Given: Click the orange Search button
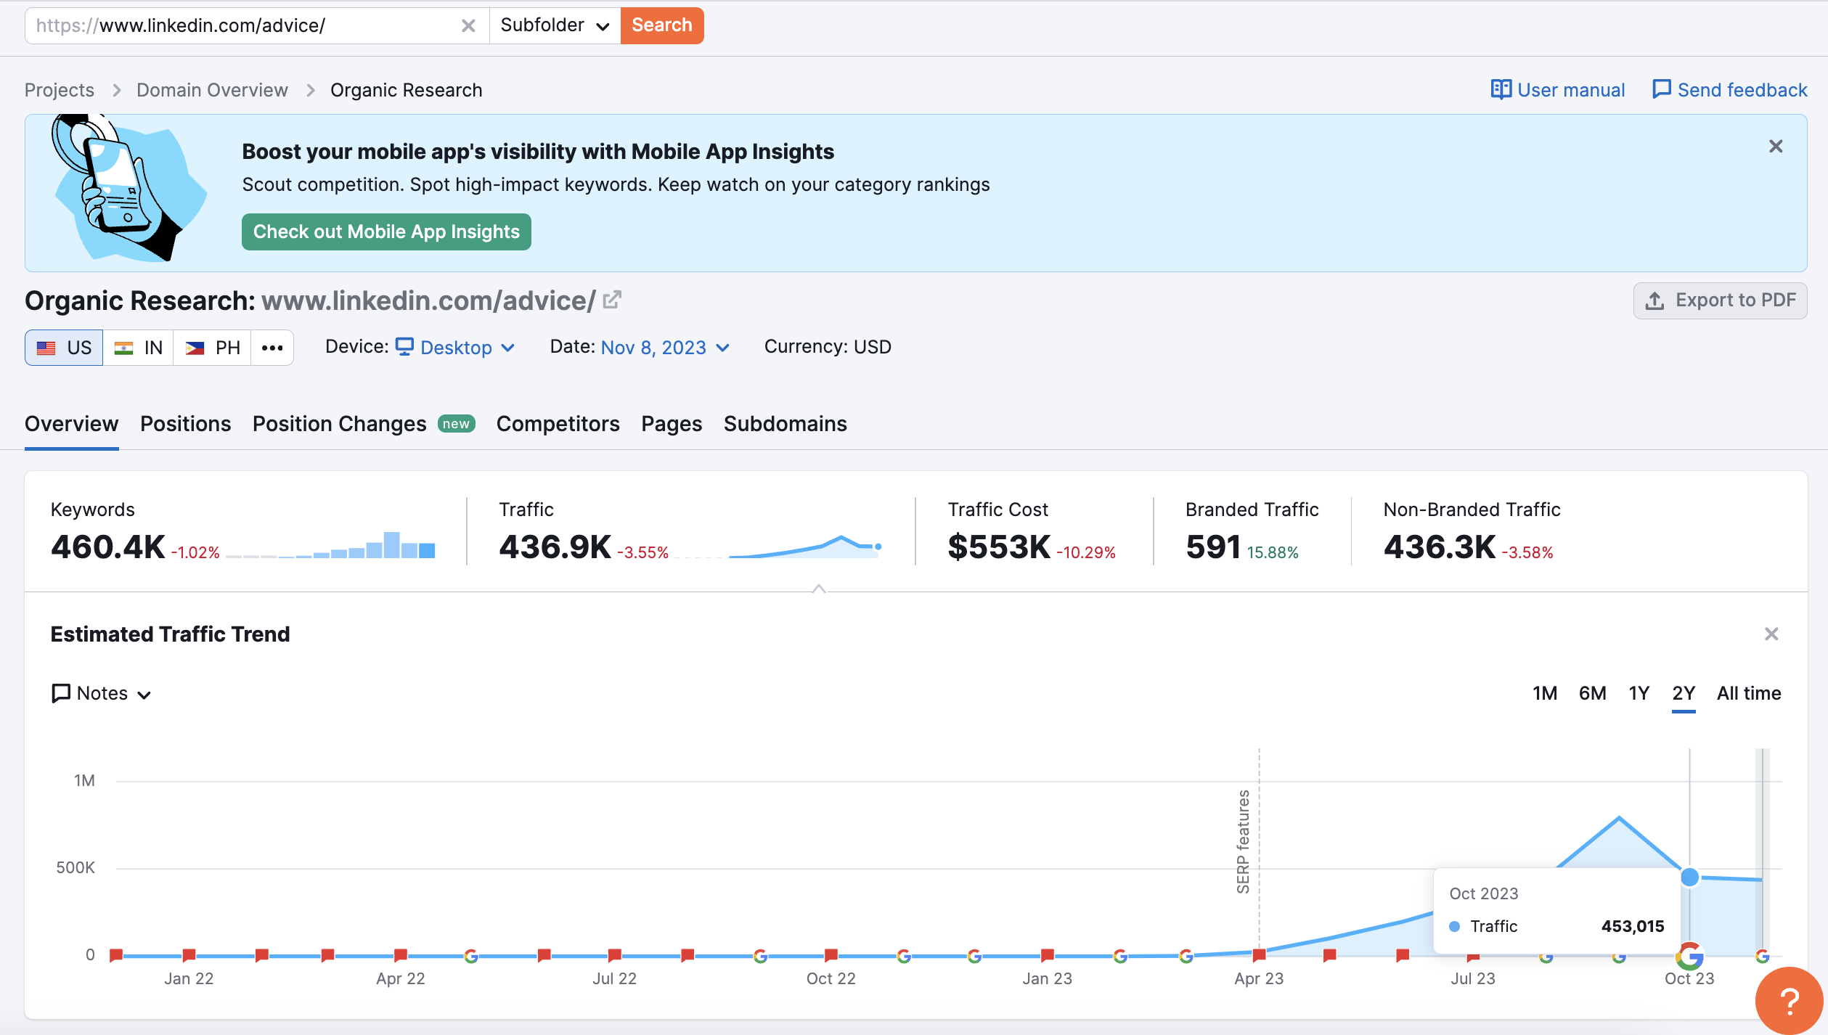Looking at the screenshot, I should (661, 25).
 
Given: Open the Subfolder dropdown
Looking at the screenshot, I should (555, 25).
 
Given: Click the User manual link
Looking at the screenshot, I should (1558, 90).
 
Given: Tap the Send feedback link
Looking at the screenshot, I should (1730, 90).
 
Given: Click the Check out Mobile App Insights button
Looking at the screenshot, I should (386, 232).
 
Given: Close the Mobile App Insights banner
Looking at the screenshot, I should (1776, 147).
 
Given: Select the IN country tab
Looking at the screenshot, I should (139, 348).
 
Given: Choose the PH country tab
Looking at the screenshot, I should (213, 348).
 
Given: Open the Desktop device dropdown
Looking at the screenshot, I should (456, 348).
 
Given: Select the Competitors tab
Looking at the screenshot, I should (558, 424).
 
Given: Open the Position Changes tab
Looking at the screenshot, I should (339, 424).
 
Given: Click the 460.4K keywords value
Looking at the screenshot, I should (107, 547).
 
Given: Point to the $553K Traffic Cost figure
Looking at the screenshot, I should (999, 547).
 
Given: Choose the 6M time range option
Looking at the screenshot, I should (1592, 693).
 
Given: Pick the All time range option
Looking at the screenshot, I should (1748, 693).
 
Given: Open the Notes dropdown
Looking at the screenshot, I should (102, 694).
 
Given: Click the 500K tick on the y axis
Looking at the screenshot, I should (76, 868).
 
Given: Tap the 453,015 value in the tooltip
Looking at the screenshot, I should (1632, 926).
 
